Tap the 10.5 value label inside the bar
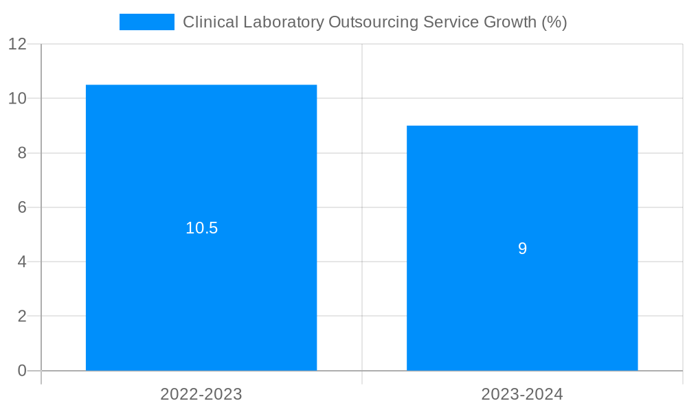click(201, 228)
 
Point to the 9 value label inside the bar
click(522, 249)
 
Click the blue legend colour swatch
click(146, 22)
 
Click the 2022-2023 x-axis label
click(201, 394)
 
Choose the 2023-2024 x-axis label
click(522, 394)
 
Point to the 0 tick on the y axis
click(22, 371)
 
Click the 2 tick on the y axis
click(22, 317)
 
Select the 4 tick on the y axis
click(22, 262)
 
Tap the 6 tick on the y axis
click(22, 207)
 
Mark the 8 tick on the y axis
click(22, 153)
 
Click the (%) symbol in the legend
click(554, 22)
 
